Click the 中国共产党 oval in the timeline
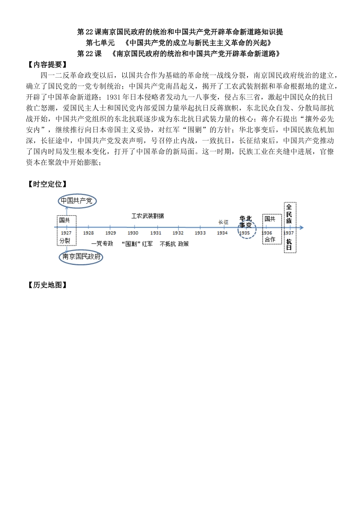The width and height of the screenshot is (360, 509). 77,201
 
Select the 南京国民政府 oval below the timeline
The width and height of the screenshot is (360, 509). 82,257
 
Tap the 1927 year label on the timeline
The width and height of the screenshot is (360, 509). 66,233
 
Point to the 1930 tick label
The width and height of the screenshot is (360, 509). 133,233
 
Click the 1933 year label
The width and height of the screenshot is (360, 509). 200,233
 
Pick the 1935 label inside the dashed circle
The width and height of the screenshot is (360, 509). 244,233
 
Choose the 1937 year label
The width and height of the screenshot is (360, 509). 289,233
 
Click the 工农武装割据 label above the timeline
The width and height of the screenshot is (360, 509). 148,216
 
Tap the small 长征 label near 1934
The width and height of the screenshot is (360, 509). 223,222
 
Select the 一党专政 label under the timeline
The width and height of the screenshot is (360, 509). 102,244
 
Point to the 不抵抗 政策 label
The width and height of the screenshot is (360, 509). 174,244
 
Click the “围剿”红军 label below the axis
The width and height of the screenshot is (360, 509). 137,244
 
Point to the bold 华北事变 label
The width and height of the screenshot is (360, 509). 246,222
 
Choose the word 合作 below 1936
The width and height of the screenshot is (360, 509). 270,240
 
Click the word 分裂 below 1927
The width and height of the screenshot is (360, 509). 65,240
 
